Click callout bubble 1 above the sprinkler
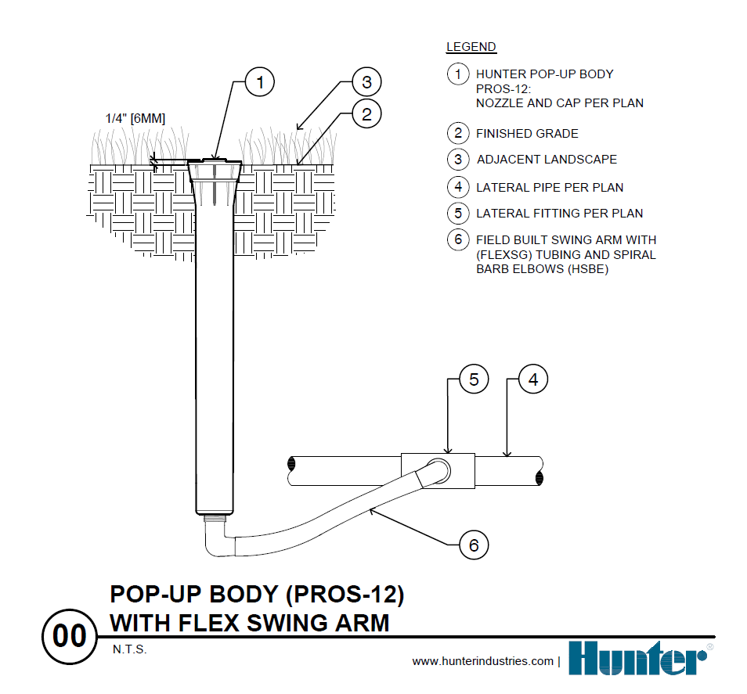point(260,81)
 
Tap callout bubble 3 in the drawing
point(366,81)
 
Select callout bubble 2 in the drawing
point(366,114)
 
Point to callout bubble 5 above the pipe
point(474,379)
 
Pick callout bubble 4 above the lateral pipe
point(533,379)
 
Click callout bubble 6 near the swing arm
point(474,545)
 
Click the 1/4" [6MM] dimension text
point(135,118)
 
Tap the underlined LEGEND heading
point(471,47)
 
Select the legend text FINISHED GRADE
point(527,134)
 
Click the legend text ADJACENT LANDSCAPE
point(547,160)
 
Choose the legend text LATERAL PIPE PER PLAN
point(550,188)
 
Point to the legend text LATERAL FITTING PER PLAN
point(559,213)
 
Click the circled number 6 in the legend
point(458,239)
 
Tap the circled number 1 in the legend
point(458,74)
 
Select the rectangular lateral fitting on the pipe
point(438,470)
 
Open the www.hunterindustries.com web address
point(483,662)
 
